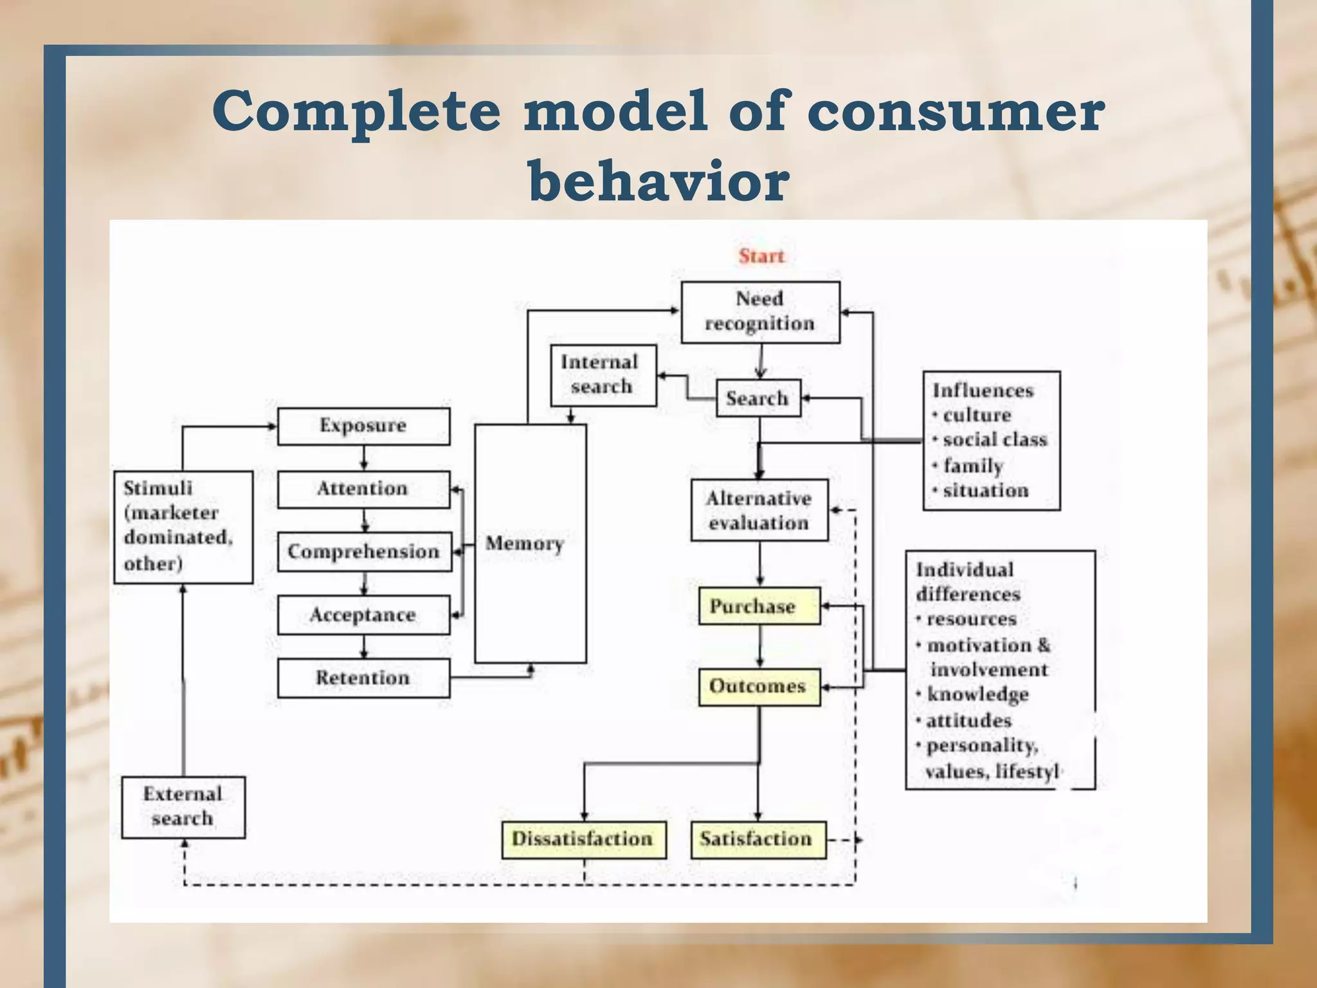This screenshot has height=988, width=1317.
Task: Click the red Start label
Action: point(761,256)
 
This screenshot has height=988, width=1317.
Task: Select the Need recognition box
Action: point(760,312)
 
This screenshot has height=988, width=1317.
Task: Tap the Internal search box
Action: point(603,375)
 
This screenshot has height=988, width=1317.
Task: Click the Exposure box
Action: point(363,426)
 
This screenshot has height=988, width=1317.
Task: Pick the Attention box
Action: point(363,489)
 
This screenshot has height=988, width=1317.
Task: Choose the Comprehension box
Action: point(364,552)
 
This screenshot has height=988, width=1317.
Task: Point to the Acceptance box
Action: point(363,615)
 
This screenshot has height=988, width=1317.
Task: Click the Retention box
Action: point(363,678)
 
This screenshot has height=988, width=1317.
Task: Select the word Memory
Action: point(524,544)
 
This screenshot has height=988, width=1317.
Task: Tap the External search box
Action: point(183,807)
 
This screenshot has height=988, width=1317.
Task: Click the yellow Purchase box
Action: point(759,606)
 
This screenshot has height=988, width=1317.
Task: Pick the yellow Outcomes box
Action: point(759,686)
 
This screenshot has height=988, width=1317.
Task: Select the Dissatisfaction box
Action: point(583,839)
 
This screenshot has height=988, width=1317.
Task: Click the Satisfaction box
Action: point(758,839)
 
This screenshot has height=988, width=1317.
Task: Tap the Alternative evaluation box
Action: point(759,510)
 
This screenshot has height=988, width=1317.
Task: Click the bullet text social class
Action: point(994,440)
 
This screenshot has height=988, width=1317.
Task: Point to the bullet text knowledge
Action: point(977,695)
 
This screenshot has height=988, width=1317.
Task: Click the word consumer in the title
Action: point(956,111)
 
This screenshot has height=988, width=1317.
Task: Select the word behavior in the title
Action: point(658,180)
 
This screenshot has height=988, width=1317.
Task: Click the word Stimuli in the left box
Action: point(158,488)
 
